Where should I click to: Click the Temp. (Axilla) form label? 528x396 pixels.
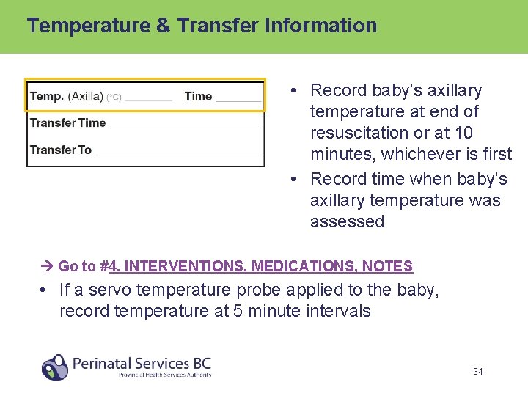(x=66, y=96)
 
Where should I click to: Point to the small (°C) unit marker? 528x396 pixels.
(x=114, y=97)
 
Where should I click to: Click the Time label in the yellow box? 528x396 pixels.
(x=198, y=96)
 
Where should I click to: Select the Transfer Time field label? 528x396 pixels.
(x=67, y=122)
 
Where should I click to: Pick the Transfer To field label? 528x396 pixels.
(x=60, y=150)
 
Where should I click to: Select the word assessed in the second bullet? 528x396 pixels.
(x=347, y=221)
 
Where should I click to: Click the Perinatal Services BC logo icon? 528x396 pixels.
(x=55, y=367)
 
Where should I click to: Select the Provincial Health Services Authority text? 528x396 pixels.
(x=165, y=375)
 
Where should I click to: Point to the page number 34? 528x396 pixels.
(x=477, y=372)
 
